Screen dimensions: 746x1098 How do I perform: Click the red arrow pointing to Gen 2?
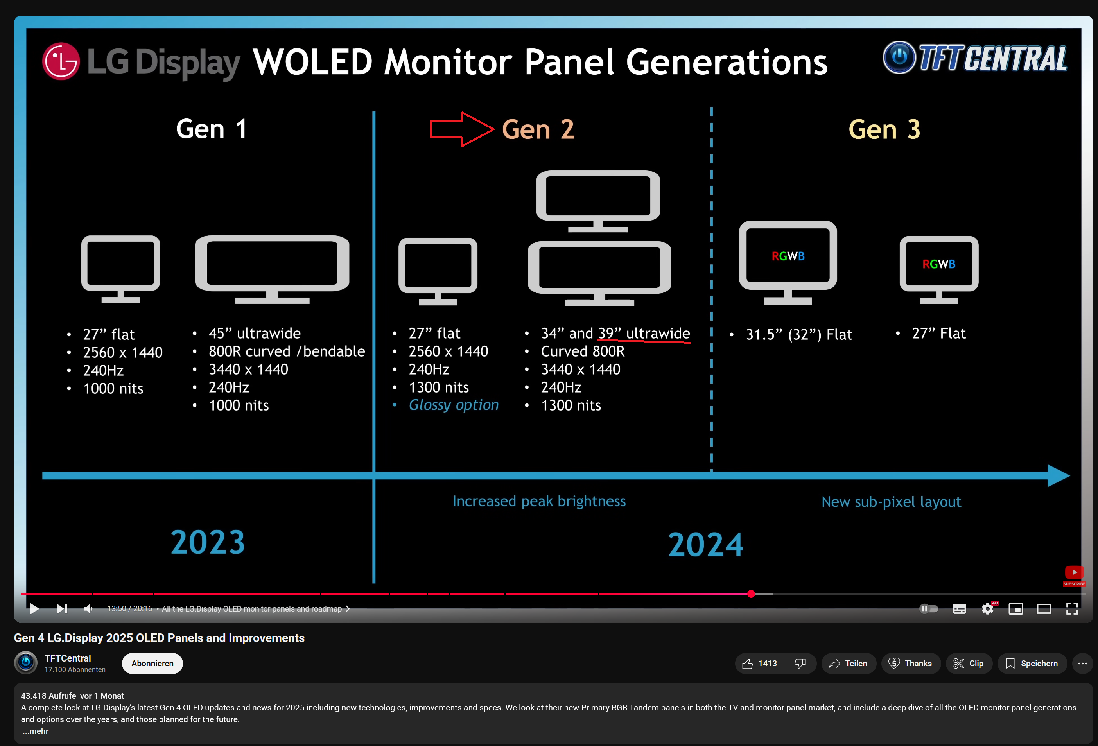click(x=461, y=129)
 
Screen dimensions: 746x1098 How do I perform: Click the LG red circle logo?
click(x=61, y=61)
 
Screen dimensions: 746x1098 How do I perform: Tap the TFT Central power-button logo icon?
click(x=899, y=57)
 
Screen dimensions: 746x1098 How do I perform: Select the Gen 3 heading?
click(x=884, y=129)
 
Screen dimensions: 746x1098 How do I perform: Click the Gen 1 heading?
click(x=211, y=129)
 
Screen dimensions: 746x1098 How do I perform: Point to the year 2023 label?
click(x=208, y=542)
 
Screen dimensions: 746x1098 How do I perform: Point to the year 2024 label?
click(x=705, y=544)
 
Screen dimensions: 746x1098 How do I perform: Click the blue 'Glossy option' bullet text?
click(x=453, y=405)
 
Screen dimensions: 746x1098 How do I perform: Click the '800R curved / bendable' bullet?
click(x=286, y=351)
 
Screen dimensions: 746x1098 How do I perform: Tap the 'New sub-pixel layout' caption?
click(x=891, y=502)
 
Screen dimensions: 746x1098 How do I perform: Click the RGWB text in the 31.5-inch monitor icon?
click(x=788, y=256)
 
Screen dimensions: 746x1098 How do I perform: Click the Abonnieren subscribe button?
click(x=152, y=664)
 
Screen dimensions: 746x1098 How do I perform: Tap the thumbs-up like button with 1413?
click(x=760, y=664)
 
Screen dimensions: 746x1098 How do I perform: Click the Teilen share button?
click(x=848, y=664)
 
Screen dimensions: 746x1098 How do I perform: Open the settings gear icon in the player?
click(x=987, y=608)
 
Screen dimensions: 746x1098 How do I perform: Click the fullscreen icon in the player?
click(x=1072, y=608)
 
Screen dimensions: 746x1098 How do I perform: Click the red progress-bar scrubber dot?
click(x=751, y=594)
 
